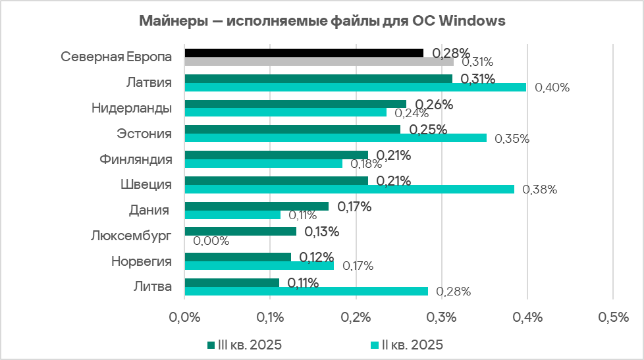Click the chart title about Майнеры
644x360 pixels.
tap(322, 21)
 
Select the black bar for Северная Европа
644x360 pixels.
tap(304, 53)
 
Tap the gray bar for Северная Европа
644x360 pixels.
tap(319, 62)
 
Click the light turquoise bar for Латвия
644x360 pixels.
tap(355, 87)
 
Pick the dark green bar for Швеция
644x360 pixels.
tap(277, 180)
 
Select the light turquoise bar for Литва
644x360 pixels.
tap(306, 291)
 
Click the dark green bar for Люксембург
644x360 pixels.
tap(240, 232)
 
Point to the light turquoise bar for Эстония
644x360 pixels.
tap(335, 138)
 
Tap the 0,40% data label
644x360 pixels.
tap(552, 88)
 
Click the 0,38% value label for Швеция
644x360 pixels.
tap(540, 190)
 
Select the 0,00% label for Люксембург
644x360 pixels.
tap(211, 241)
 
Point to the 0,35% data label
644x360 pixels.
tap(512, 139)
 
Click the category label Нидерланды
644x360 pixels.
tap(132, 108)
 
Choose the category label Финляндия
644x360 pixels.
tap(136, 159)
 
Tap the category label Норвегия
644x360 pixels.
tap(141, 261)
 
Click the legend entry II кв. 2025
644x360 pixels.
tap(406, 344)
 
